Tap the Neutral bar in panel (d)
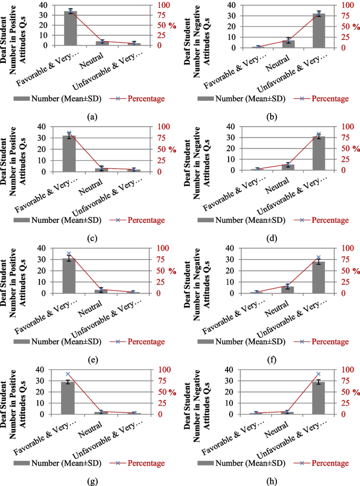tap(288, 167)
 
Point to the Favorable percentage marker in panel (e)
tap(68, 254)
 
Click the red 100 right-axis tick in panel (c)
tap(158, 127)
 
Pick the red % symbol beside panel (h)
tap(356, 392)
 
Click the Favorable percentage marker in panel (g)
tap(68, 374)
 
